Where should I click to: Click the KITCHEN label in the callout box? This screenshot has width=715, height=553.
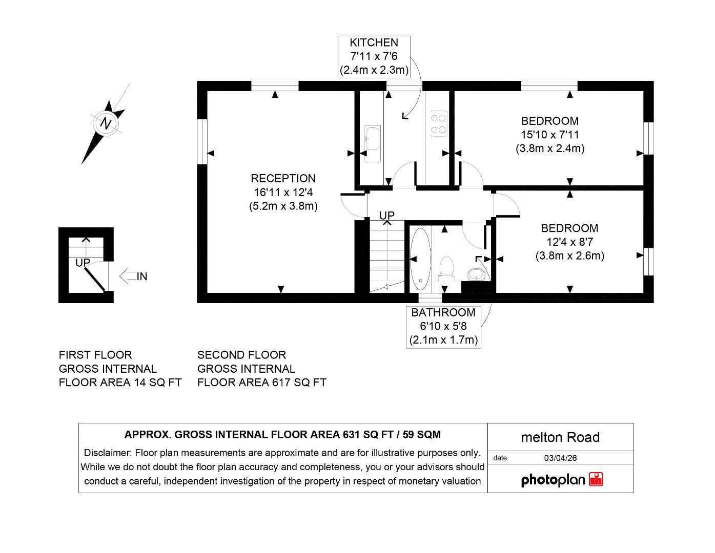374,42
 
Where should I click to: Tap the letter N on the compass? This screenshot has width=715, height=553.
106,123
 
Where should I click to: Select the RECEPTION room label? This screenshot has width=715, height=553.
283,178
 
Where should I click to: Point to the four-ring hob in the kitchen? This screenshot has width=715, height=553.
438,124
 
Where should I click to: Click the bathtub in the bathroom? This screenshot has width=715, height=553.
420,258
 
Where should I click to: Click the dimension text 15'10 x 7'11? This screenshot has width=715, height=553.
550,135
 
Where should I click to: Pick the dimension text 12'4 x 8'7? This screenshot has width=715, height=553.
569,242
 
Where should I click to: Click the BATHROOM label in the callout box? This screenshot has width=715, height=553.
443,312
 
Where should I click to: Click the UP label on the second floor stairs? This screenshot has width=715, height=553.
387,216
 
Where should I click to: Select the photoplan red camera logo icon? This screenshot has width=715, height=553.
596,480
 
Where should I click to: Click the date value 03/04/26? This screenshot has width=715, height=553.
560,458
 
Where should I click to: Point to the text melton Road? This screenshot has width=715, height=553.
560,437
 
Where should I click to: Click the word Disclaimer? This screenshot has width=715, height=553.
108,453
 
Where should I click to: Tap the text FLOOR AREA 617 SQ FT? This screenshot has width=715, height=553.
261,382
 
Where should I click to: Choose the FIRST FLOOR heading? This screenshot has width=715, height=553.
95,355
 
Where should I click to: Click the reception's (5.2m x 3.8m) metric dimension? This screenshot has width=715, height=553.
283,206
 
